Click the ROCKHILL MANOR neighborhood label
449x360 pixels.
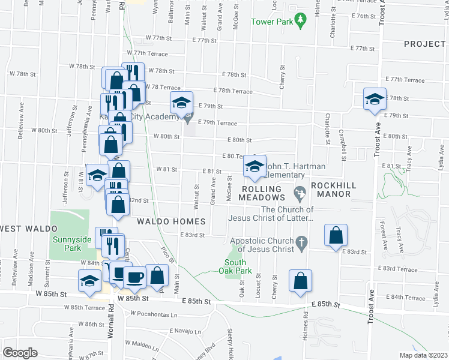pyautogui.click(x=330, y=190)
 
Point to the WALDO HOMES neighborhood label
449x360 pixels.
pyautogui.click(x=171, y=221)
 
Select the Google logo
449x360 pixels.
pyautogui.click(x=20, y=352)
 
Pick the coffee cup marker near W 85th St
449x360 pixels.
pyautogui.click(x=135, y=277)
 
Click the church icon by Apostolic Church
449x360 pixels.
pyautogui.click(x=302, y=242)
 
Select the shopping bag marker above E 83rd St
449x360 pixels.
pyautogui.click(x=336, y=235)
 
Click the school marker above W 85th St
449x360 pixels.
pyautogui.click(x=90, y=280)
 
